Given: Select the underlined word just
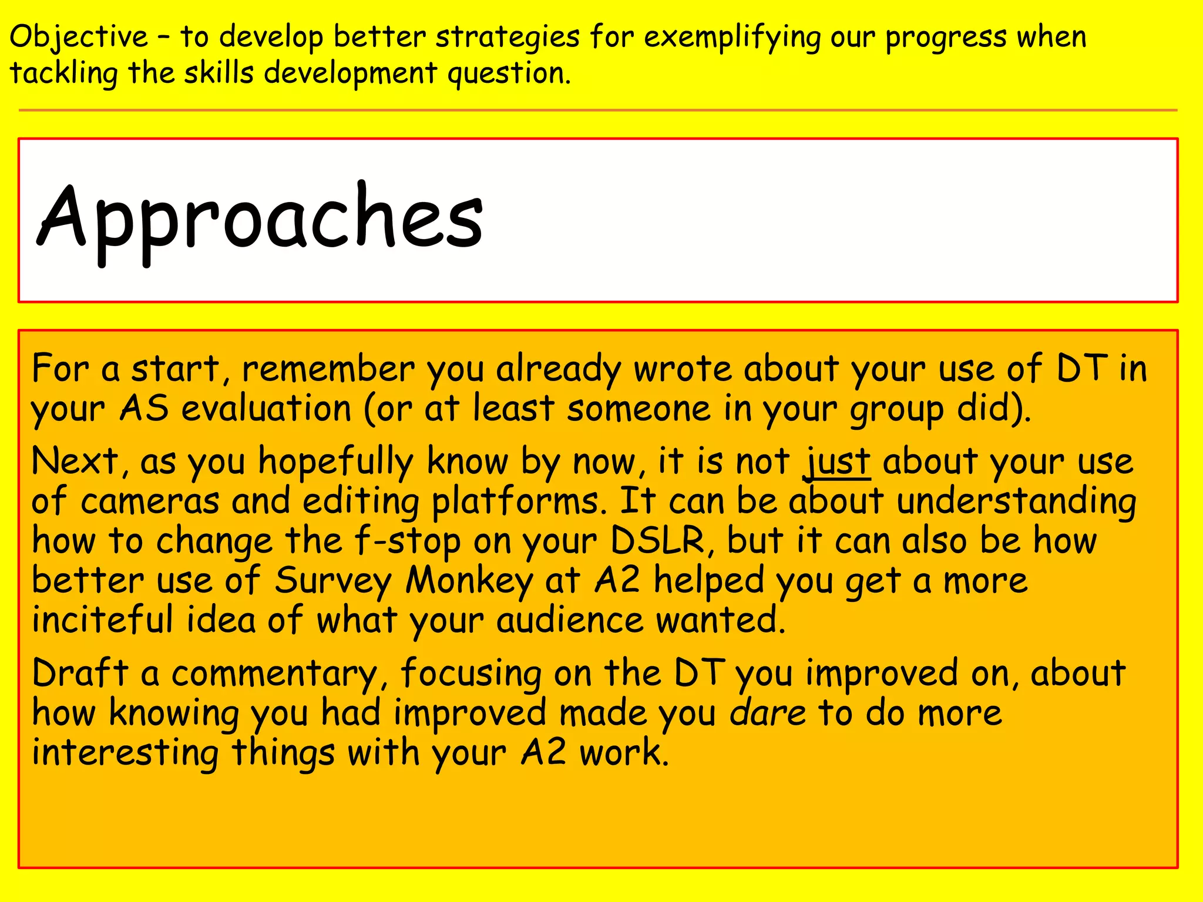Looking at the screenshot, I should click(x=836, y=462).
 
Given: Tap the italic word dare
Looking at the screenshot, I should click(x=768, y=713).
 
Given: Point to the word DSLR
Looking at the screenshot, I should click(x=657, y=540).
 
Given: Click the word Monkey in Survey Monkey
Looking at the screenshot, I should click(x=469, y=581).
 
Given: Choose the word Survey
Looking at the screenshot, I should click(x=333, y=581).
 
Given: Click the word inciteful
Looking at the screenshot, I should click(x=103, y=620).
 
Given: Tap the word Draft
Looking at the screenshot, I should click(x=80, y=673).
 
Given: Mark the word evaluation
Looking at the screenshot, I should click(x=266, y=409).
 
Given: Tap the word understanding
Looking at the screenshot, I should click(x=1016, y=502).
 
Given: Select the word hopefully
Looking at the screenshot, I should click(x=336, y=462).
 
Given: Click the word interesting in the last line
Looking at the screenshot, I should click(x=125, y=753).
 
